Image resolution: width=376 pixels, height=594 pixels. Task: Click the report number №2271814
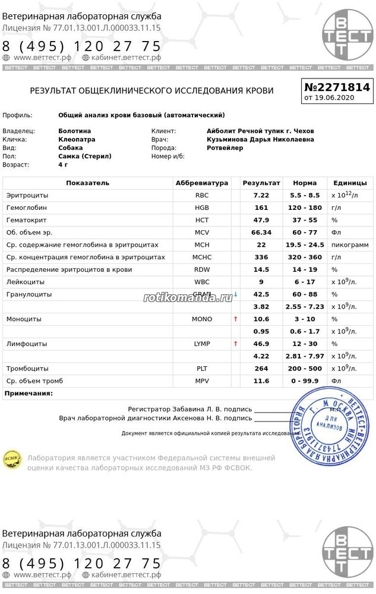[x=337, y=87]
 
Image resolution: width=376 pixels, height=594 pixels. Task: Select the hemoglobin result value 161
[x=261, y=208]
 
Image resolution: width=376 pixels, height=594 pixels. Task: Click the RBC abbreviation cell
[x=202, y=196]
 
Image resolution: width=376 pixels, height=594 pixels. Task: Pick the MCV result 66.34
[x=261, y=232]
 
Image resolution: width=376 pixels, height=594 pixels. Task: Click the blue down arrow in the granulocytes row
[x=236, y=294]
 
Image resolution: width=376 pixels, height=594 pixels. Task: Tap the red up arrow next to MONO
[x=236, y=319]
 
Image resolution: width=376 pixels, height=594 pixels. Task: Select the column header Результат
[x=261, y=183]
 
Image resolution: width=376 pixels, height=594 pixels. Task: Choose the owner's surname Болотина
[x=75, y=131]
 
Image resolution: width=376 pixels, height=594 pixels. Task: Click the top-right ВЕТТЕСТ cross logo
[x=347, y=35]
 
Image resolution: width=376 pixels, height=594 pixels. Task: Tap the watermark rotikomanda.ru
[x=188, y=297]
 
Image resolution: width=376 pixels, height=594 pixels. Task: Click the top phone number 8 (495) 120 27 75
[x=82, y=46]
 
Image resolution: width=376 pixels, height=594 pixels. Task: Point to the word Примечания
[x=29, y=394]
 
